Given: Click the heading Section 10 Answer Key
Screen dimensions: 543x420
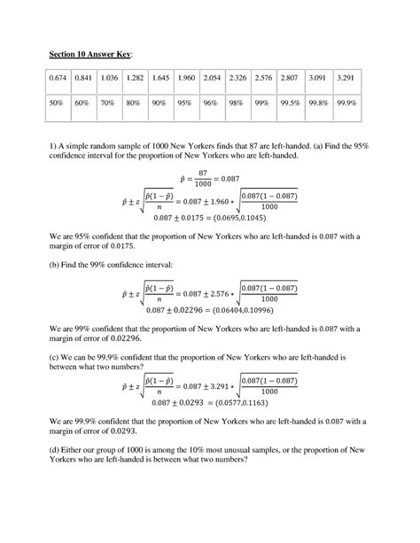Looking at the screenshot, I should [x=89, y=55].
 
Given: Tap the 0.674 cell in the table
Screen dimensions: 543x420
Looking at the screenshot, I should [x=60, y=79].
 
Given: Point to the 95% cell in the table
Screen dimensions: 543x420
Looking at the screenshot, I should [x=185, y=103].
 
